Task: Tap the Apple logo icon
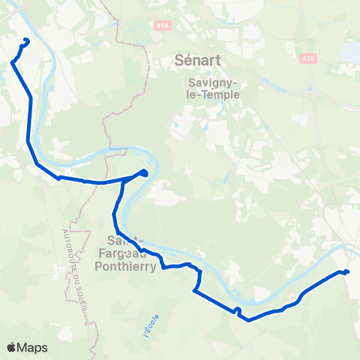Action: pyautogui.click(x=12, y=347)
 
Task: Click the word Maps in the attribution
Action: pyautogui.click(x=32, y=347)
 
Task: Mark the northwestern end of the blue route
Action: pyautogui.click(x=27, y=40)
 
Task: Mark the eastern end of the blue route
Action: pyautogui.click(x=348, y=271)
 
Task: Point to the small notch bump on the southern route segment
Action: pyautogui.click(x=237, y=309)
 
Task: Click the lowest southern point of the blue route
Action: pyautogui.click(x=248, y=319)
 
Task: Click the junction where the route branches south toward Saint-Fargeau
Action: pyautogui.click(x=123, y=181)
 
